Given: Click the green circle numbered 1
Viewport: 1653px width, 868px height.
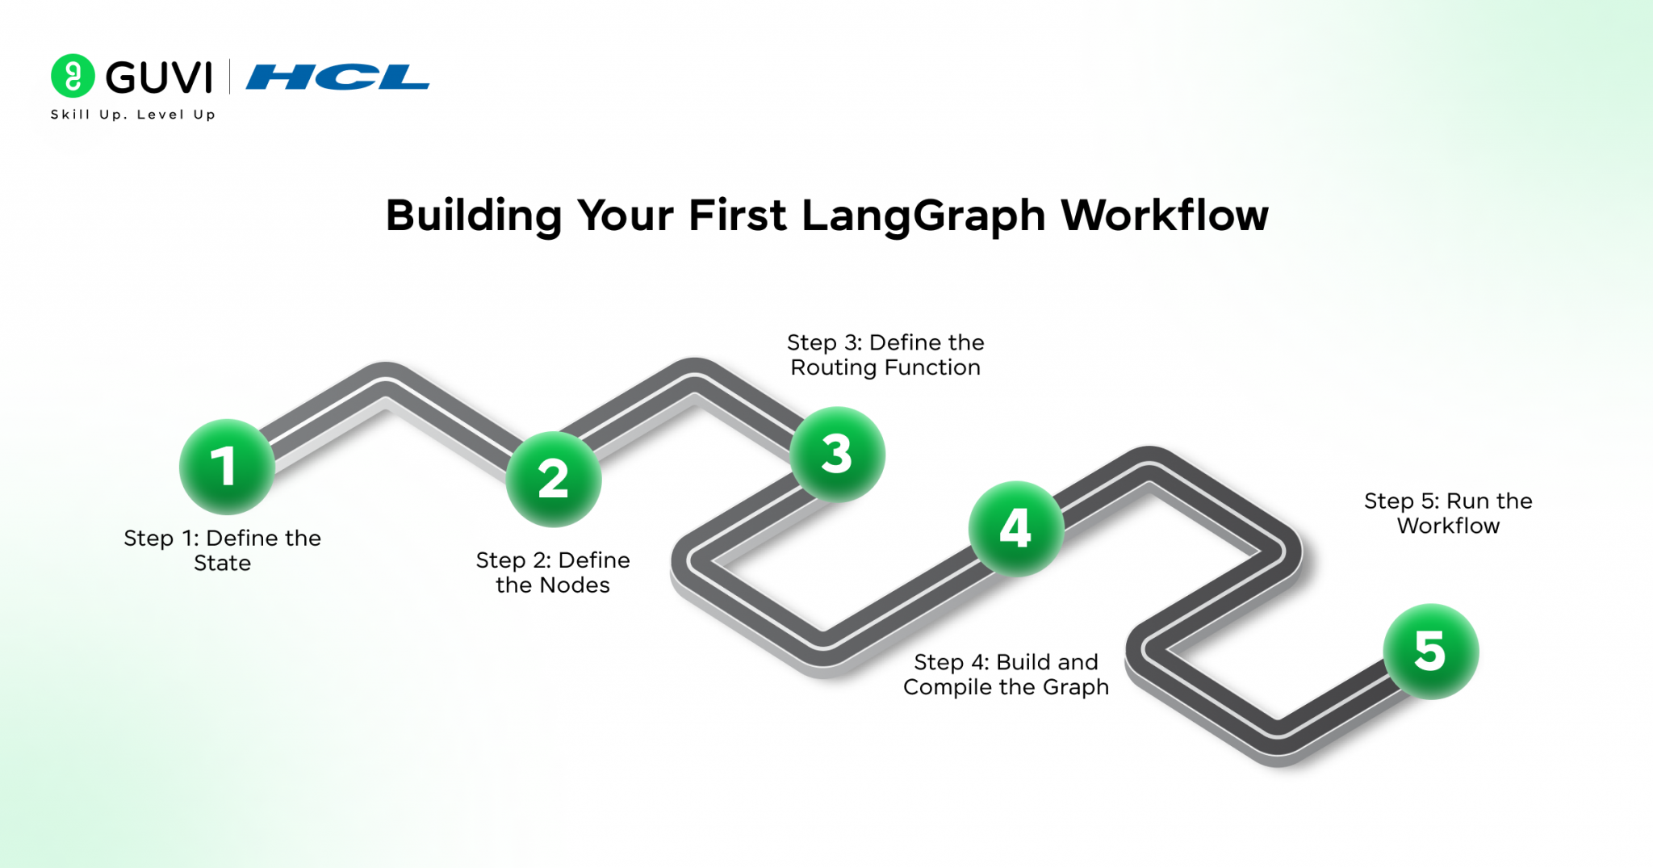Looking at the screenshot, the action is (227, 467).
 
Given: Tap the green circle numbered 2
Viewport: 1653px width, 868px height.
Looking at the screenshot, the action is (554, 479).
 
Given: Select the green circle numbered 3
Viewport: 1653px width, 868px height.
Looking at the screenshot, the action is (837, 455).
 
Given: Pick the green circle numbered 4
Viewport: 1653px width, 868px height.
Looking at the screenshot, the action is (1016, 529).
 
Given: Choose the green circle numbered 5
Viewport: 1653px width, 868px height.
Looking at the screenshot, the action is (1431, 652).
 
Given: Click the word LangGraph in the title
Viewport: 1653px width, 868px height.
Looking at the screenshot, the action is (924, 216).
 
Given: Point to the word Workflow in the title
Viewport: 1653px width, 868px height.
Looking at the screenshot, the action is (1165, 216).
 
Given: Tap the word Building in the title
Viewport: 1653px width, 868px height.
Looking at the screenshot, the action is (473, 216).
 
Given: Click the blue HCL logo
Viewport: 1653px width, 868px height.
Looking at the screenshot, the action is (337, 78).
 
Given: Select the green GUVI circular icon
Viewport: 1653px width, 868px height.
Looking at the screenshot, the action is (73, 76).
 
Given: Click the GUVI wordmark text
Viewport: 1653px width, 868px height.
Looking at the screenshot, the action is (159, 78).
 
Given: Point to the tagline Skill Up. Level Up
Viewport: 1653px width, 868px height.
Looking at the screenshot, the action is (133, 115).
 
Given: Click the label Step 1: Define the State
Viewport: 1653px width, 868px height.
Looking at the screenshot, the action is (223, 551).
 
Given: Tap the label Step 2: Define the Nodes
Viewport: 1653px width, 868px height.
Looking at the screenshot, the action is (553, 572).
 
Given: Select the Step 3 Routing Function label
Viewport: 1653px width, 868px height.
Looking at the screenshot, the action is (885, 355).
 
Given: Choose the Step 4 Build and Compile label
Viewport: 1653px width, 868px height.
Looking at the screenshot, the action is (1006, 675).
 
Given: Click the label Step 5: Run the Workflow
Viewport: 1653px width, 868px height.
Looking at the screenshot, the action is (1449, 514).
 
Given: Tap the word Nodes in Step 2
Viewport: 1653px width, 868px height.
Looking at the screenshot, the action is (576, 585).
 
